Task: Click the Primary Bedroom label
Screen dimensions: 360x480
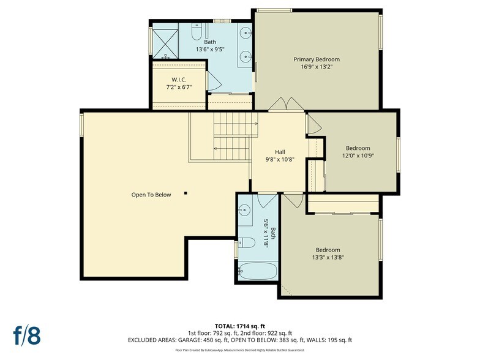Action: pyautogui.click(x=316, y=59)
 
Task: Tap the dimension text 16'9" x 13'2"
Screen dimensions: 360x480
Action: pyautogui.click(x=316, y=67)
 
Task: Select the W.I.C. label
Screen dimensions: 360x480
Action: pyautogui.click(x=179, y=79)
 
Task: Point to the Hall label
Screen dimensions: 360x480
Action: pyautogui.click(x=279, y=152)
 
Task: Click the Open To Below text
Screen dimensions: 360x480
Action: pyautogui.click(x=151, y=195)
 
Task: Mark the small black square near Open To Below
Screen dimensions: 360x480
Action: pyautogui.click(x=186, y=194)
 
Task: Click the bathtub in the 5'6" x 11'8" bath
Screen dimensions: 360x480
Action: pyautogui.click(x=257, y=271)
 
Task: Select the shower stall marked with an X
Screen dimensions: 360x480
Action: pyautogui.click(x=165, y=42)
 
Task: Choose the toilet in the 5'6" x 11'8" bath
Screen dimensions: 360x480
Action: pyautogui.click(x=246, y=242)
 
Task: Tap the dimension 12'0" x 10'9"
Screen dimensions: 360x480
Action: pyautogui.click(x=358, y=156)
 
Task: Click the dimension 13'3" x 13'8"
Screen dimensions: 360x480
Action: pyautogui.click(x=328, y=257)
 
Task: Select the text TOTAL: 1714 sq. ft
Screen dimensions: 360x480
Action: pyautogui.click(x=239, y=326)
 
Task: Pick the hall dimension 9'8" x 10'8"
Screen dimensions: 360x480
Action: pyautogui.click(x=279, y=159)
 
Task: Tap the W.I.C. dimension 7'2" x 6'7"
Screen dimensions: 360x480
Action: pyautogui.click(x=179, y=87)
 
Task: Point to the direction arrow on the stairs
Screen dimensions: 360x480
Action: pyautogui.click(x=216, y=148)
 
